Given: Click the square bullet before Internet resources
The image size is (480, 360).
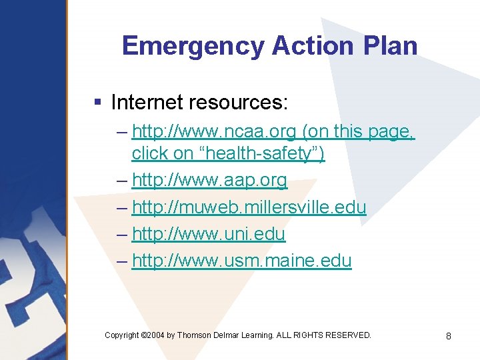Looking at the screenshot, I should [x=97, y=102].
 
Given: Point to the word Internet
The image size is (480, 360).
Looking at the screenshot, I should [x=147, y=102].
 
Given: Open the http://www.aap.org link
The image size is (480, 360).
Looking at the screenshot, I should [x=209, y=180].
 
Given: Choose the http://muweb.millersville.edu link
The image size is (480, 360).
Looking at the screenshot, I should [x=249, y=207].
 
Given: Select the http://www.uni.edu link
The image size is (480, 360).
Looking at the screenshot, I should [x=208, y=234].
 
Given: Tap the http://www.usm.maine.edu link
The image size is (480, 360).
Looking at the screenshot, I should [x=241, y=261].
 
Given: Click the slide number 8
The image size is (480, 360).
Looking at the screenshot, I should [x=448, y=336].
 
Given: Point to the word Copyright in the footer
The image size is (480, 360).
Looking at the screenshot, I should [x=122, y=335].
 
